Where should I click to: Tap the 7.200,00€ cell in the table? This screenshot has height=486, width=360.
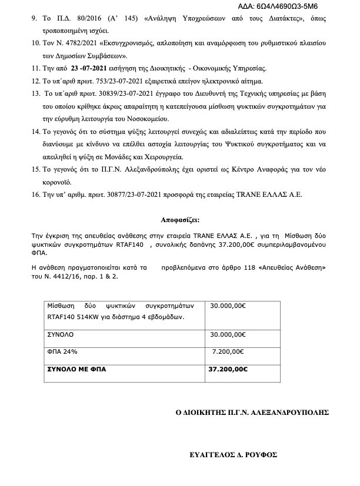pyautogui.click(x=226, y=351)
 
